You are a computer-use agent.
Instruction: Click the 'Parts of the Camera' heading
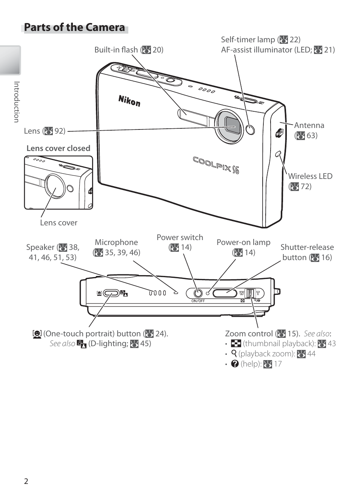pyautogui.click(x=74, y=28)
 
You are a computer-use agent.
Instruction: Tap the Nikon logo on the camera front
pyautogui.click(x=129, y=100)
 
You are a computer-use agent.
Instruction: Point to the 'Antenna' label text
pyautogui.click(x=309, y=125)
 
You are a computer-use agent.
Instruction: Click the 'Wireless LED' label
pyautogui.click(x=310, y=176)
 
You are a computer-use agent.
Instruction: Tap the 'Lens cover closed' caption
pyautogui.click(x=58, y=148)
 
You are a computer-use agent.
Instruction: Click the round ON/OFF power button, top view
pyautogui.click(x=197, y=293)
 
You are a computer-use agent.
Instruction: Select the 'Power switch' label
pyautogui.click(x=180, y=237)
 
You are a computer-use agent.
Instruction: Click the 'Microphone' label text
pyautogui.click(x=116, y=242)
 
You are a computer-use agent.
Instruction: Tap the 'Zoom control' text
pyautogui.click(x=249, y=334)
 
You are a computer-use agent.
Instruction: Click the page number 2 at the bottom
pyautogui.click(x=26, y=481)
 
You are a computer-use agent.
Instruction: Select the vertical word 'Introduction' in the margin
pyautogui.click(x=16, y=102)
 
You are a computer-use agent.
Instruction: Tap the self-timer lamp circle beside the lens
pyautogui.click(x=250, y=130)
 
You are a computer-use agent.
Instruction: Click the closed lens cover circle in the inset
pyautogui.click(x=56, y=185)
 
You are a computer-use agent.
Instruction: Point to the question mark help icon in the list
pyautogui.click(x=235, y=364)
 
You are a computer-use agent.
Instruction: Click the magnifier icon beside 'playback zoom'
pyautogui.click(x=234, y=354)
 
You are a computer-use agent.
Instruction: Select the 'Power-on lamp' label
pyautogui.click(x=243, y=242)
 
